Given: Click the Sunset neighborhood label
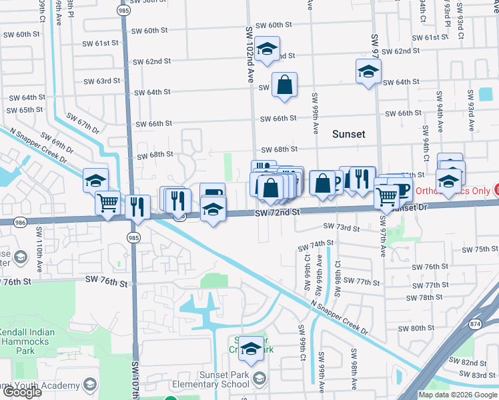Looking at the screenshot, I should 349,134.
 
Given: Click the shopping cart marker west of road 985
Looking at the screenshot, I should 107,202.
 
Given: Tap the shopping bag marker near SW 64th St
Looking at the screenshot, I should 284,85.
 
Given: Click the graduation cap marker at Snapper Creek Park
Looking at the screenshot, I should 251,348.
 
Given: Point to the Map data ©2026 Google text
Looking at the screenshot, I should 458,395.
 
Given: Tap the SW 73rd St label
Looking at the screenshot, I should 342,228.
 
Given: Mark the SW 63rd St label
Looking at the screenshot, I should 101,81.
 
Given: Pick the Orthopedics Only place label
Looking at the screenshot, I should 456,191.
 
